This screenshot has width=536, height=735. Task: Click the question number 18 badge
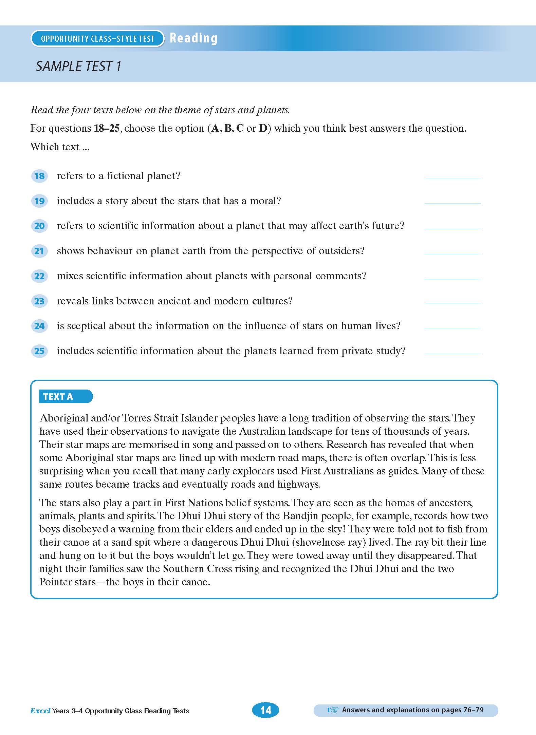click(39, 176)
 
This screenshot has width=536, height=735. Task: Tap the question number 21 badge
click(39, 251)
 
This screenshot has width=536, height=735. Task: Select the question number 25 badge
click(39, 351)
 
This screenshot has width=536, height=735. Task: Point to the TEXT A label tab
click(65, 396)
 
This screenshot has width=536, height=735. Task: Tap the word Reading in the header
click(193, 38)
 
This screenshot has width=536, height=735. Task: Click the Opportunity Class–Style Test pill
click(97, 39)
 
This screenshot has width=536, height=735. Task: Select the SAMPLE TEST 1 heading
click(78, 66)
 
